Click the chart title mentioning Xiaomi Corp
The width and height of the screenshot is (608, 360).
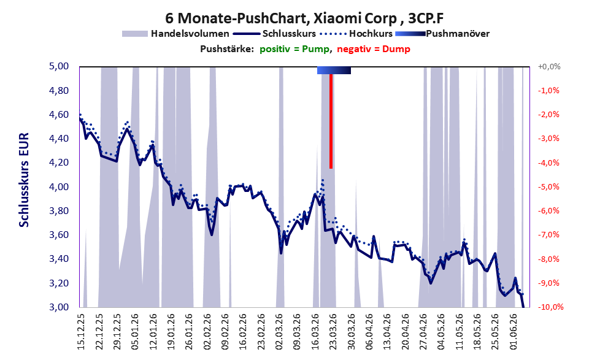[304, 18]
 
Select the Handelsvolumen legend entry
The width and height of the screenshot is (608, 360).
[175, 34]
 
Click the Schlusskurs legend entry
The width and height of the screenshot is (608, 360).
[274, 34]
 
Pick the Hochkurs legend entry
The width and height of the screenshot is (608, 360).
[356, 34]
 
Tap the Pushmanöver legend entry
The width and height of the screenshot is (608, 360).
[442, 34]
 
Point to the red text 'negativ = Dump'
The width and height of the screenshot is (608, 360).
[374, 49]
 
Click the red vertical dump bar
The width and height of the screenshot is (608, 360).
[331, 121]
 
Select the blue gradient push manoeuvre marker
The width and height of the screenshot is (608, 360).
[334, 70]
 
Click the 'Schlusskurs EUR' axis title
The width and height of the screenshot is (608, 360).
[24, 180]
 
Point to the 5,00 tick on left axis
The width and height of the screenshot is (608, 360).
[58, 66]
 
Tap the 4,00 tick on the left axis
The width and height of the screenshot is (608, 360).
[58, 187]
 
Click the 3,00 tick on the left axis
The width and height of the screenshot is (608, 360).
[58, 307]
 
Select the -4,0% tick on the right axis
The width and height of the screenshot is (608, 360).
[548, 163]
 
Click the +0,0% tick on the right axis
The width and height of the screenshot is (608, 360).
[549, 67]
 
